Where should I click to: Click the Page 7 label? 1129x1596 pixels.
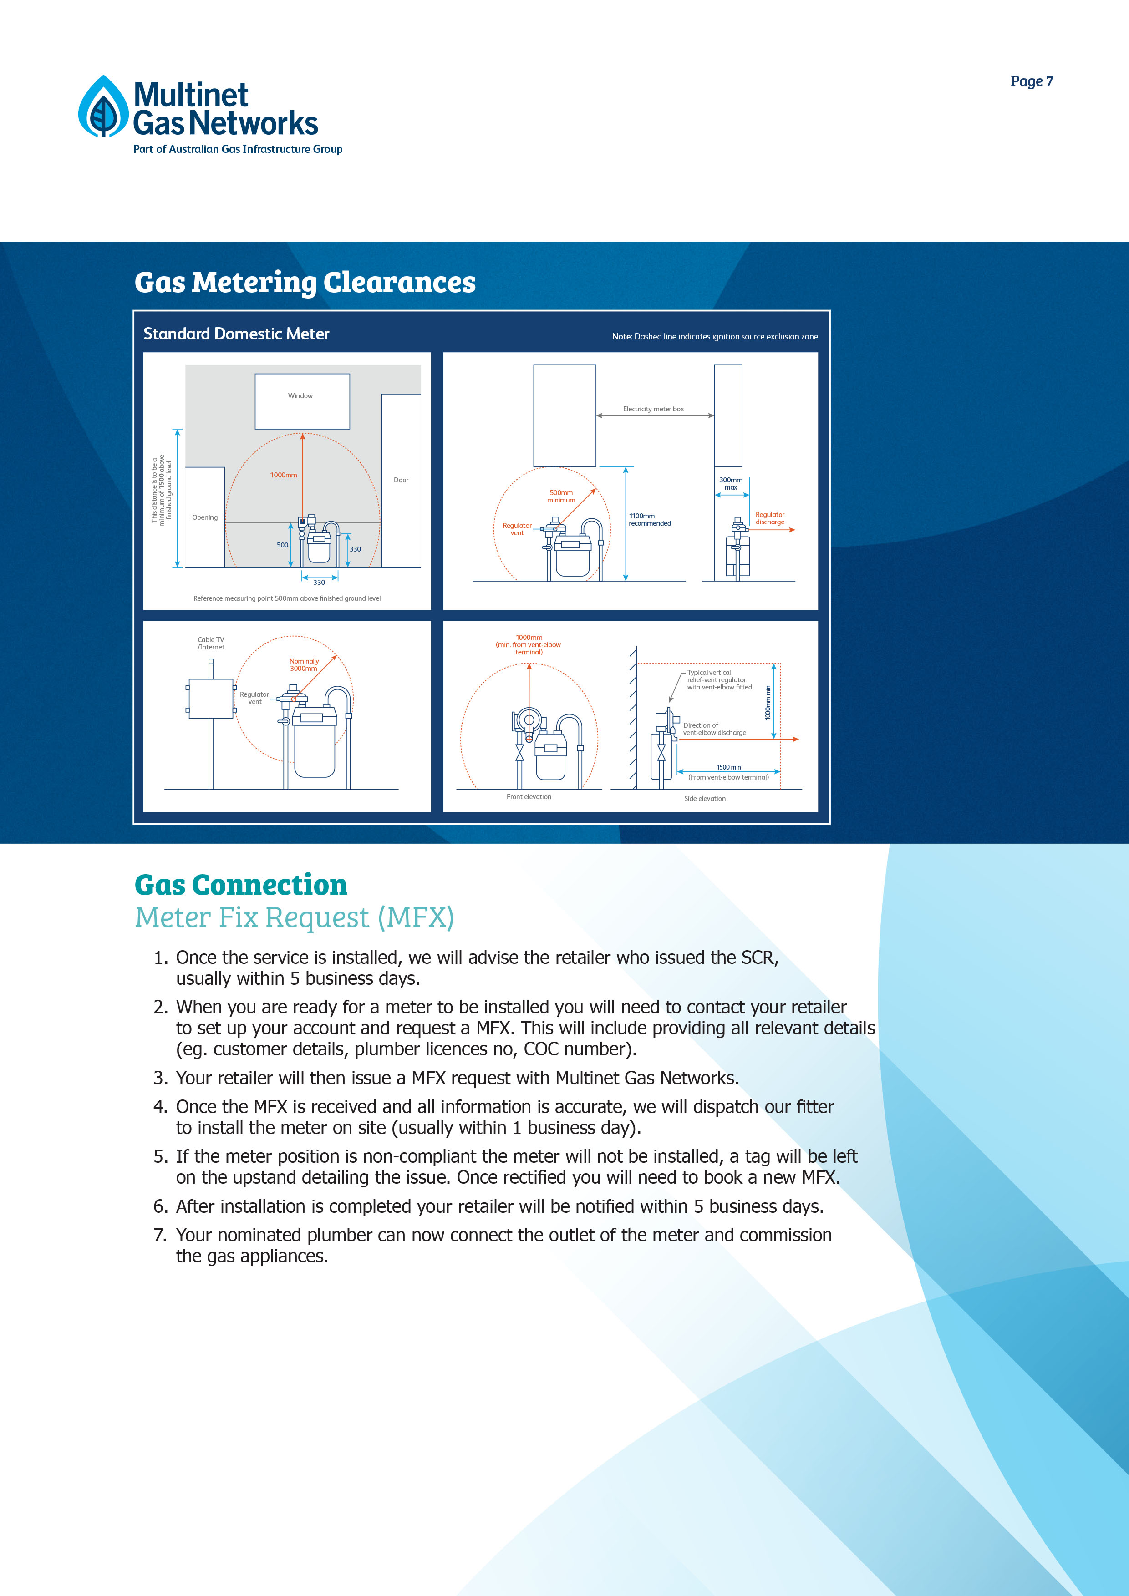tap(1031, 81)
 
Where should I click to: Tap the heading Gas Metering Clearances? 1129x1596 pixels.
tap(305, 282)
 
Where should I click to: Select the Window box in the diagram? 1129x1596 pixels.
tap(302, 401)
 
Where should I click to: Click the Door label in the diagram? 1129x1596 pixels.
tap(401, 480)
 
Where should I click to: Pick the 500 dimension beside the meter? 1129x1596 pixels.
tap(282, 546)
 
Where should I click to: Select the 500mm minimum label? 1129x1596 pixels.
tap(561, 497)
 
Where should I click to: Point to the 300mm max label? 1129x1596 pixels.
tap(731, 484)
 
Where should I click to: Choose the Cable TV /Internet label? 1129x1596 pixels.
tap(211, 643)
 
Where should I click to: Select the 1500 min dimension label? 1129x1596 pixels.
tap(728, 767)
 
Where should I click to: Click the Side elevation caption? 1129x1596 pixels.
tap(704, 799)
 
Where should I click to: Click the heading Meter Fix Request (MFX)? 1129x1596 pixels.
tap(294, 917)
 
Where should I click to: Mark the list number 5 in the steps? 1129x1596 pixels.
tap(160, 1157)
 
